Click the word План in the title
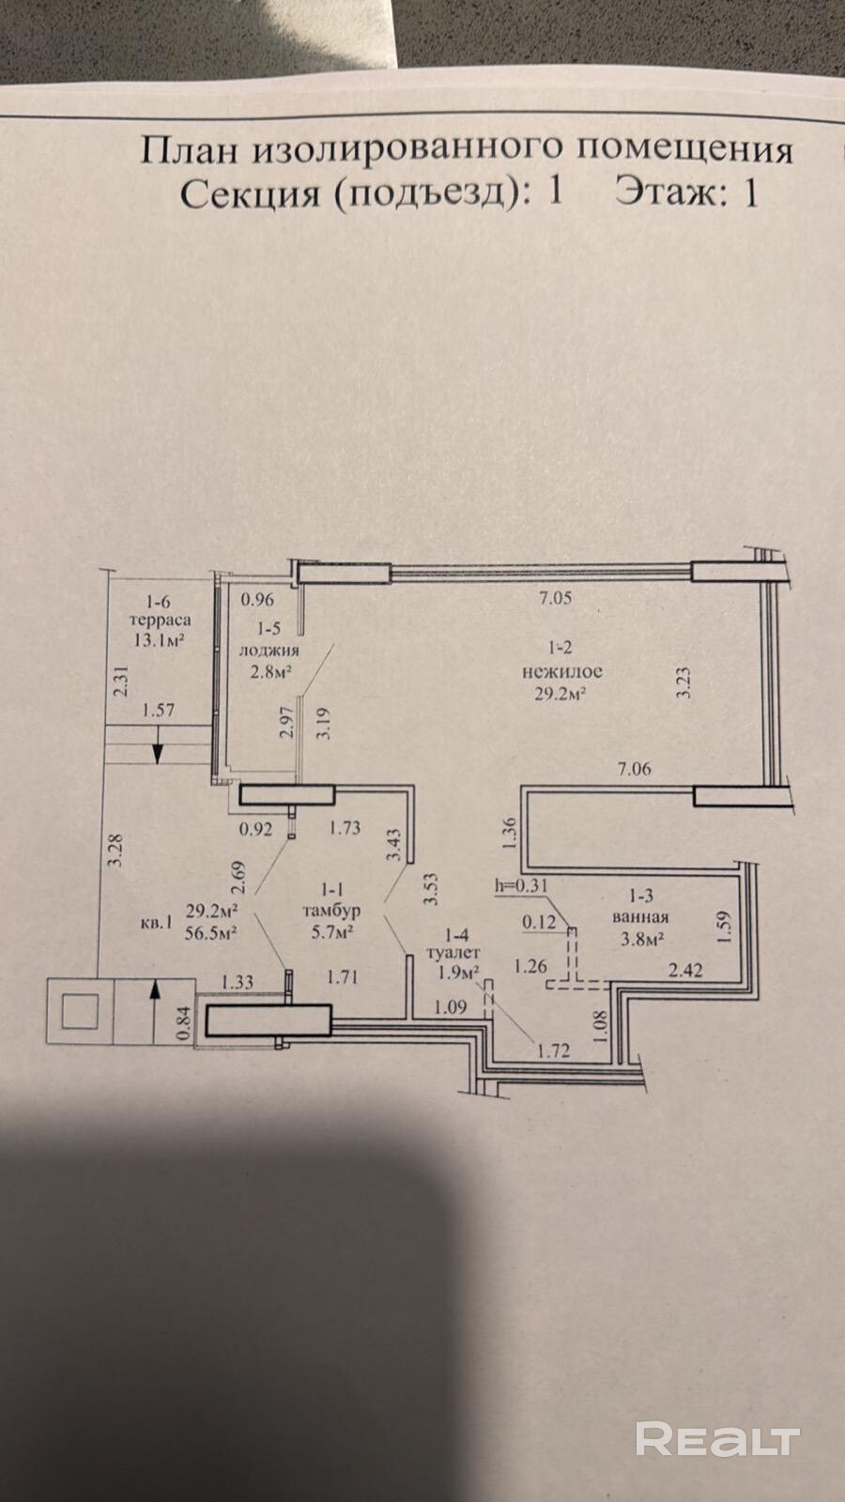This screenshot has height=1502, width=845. pos(190,150)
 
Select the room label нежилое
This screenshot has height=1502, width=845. pos(562,670)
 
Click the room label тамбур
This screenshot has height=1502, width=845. pos(331,911)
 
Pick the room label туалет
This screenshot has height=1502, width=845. pos(454,952)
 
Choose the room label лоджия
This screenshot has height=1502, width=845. pos(269,651)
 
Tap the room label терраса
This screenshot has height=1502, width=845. pos(160,621)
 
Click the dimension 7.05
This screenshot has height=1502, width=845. pos(555,597)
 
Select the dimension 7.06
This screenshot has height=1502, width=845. pos(634,769)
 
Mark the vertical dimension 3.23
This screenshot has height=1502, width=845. pos(684,685)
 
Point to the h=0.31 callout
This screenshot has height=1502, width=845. pos(521,885)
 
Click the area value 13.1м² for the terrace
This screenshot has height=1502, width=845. pos(160,639)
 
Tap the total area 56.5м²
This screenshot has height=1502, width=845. pos(211,933)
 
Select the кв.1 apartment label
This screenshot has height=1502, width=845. pos(156,923)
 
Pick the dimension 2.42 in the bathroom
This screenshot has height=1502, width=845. pos(684,970)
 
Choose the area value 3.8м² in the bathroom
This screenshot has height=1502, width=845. pos(642,939)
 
